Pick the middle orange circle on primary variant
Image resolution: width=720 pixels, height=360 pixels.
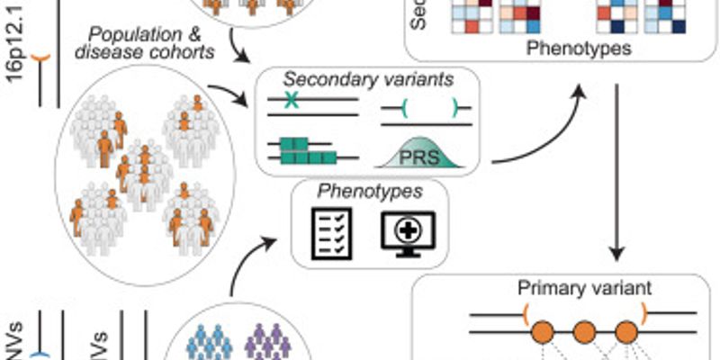click(x=585, y=331)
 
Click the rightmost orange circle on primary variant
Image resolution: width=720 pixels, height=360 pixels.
click(x=626, y=331)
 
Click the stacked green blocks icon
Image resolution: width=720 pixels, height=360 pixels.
click(x=302, y=150)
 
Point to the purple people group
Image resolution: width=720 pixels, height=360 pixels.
click(x=266, y=342)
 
